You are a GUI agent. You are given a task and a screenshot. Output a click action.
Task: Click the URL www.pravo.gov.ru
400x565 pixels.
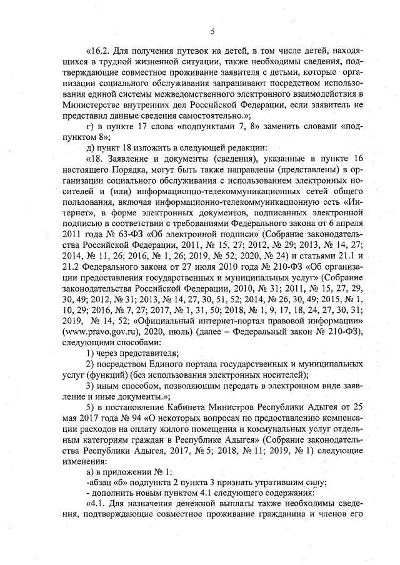pos(97,331)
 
